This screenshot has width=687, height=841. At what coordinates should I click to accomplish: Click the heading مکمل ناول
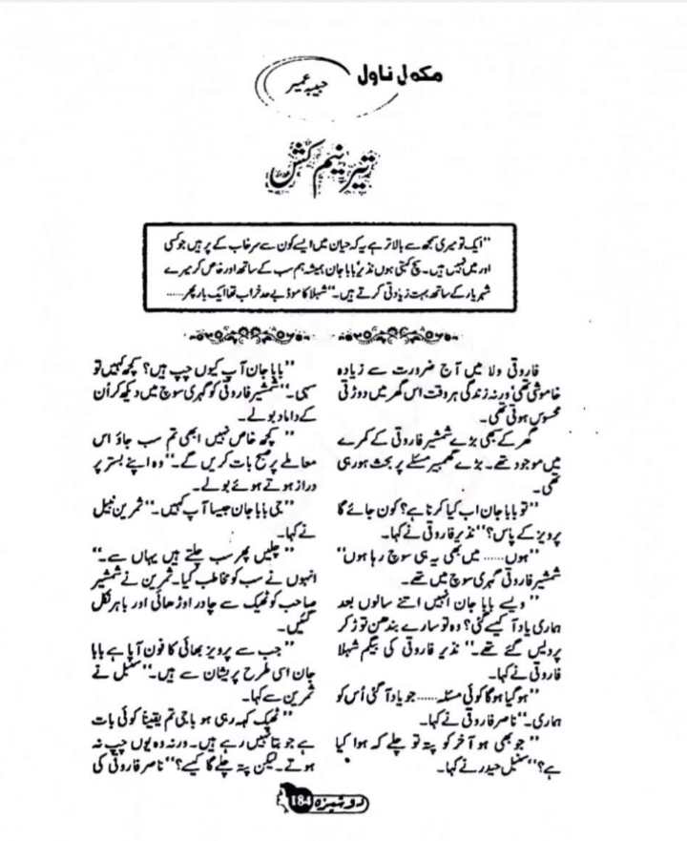click(x=364, y=70)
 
